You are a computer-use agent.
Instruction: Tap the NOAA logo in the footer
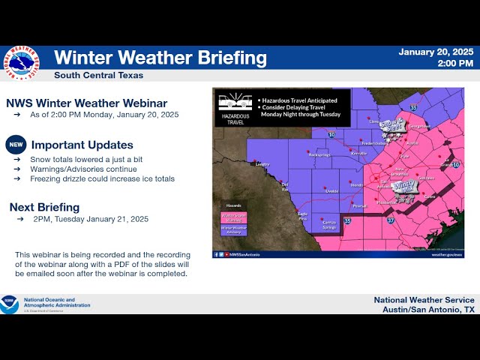(9, 304)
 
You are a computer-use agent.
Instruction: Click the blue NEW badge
(16, 145)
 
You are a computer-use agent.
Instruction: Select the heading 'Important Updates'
(82, 145)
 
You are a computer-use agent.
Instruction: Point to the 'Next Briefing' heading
(44, 207)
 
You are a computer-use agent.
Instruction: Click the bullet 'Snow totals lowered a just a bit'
(86, 160)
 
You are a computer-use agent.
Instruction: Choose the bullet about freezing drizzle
(102, 178)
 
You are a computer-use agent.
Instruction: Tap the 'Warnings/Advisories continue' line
(80, 169)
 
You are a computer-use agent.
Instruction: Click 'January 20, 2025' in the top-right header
(436, 52)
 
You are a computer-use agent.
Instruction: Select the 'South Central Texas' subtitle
(98, 75)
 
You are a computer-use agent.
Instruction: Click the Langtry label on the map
(262, 163)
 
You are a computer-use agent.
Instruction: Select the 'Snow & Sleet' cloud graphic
(391, 126)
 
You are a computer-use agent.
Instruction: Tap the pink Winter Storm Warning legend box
(233, 218)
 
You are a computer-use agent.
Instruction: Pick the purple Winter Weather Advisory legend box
(233, 231)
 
